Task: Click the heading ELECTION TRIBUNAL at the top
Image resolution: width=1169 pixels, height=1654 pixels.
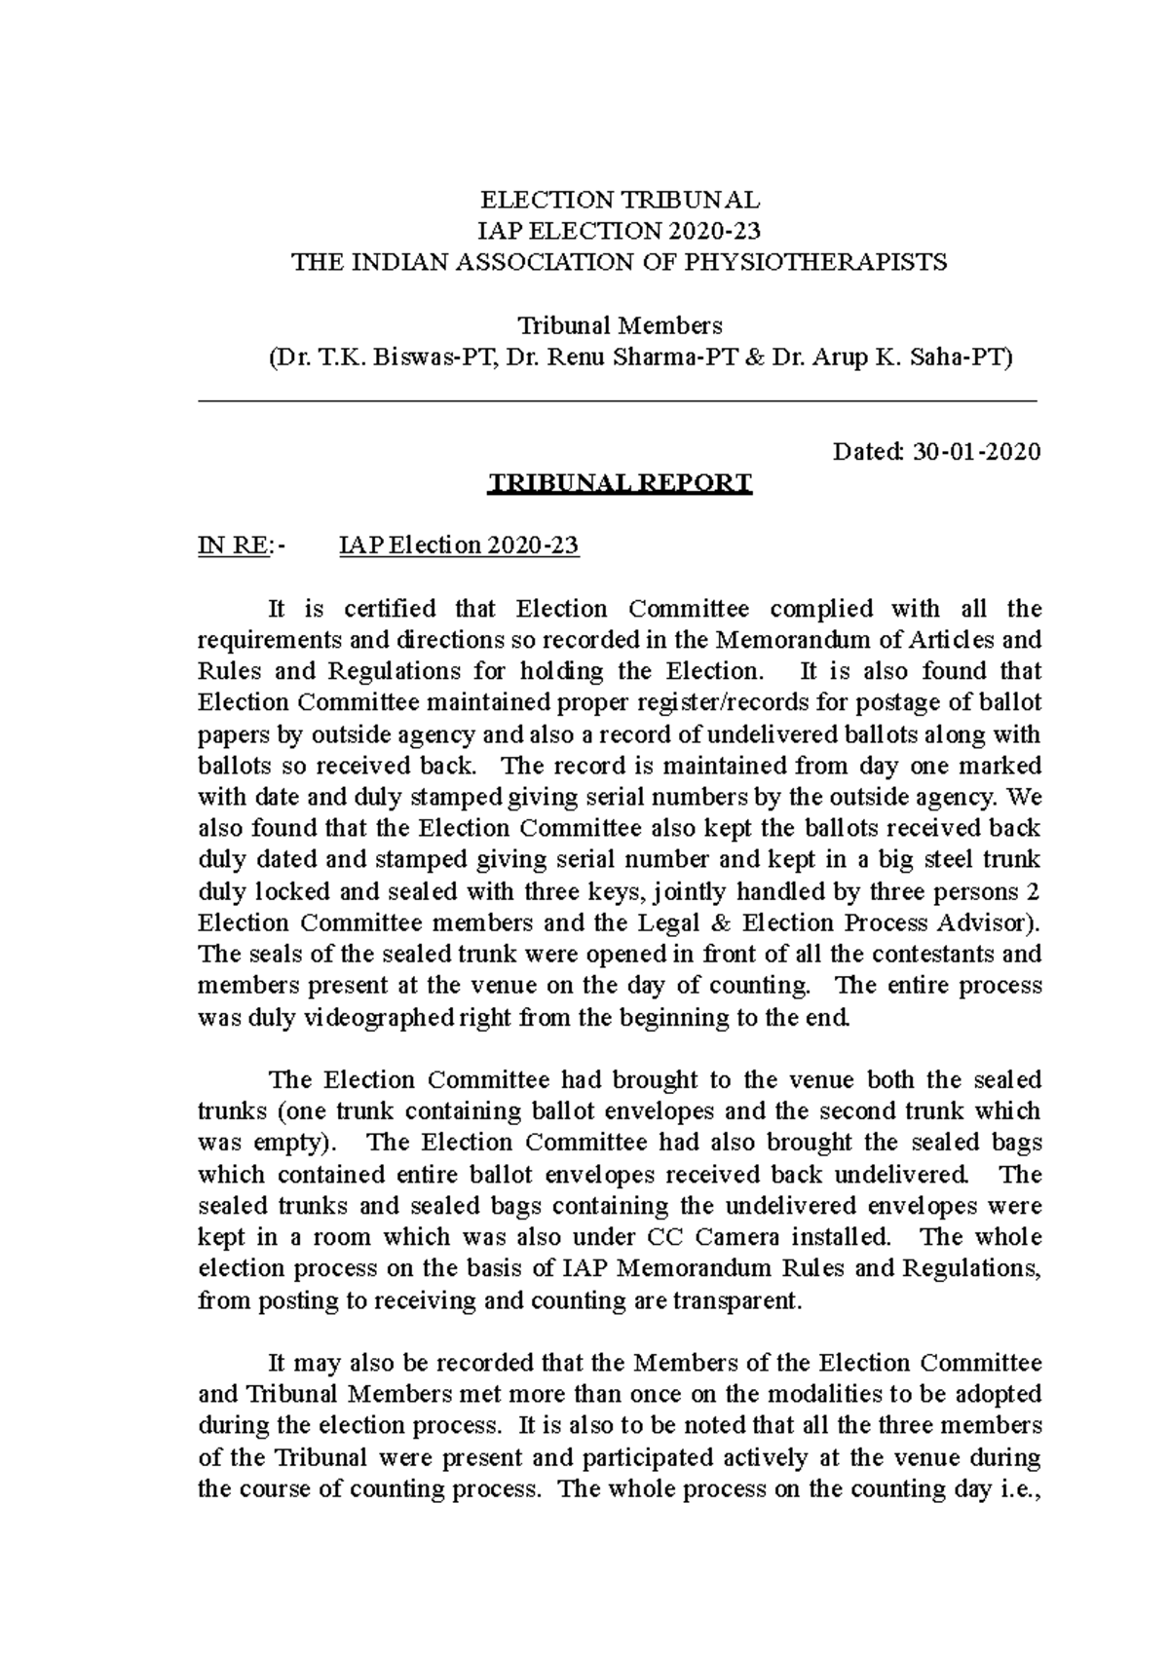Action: click(620, 200)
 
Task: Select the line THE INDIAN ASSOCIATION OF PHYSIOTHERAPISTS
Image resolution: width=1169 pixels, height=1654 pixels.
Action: click(621, 262)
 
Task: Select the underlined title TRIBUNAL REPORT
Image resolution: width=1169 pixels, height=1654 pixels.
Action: click(620, 483)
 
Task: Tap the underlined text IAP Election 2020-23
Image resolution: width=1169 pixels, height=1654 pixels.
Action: click(458, 545)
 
